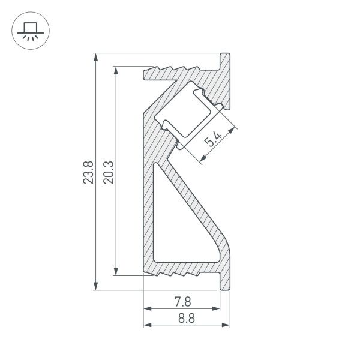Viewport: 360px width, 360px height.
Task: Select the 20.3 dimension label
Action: pyautogui.click(x=109, y=172)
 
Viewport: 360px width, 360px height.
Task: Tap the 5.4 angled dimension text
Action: pyautogui.click(x=213, y=141)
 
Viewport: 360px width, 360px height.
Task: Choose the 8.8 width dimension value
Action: pyautogui.click(x=187, y=319)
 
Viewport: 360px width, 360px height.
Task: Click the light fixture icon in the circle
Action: pyautogui.click(x=28, y=29)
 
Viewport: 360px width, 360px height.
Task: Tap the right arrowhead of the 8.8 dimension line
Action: pyautogui.click(x=227, y=326)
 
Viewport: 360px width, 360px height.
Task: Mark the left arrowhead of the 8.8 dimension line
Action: pyautogui.click(x=147, y=326)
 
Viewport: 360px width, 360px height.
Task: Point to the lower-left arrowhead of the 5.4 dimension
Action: pyautogui.click(x=202, y=158)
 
